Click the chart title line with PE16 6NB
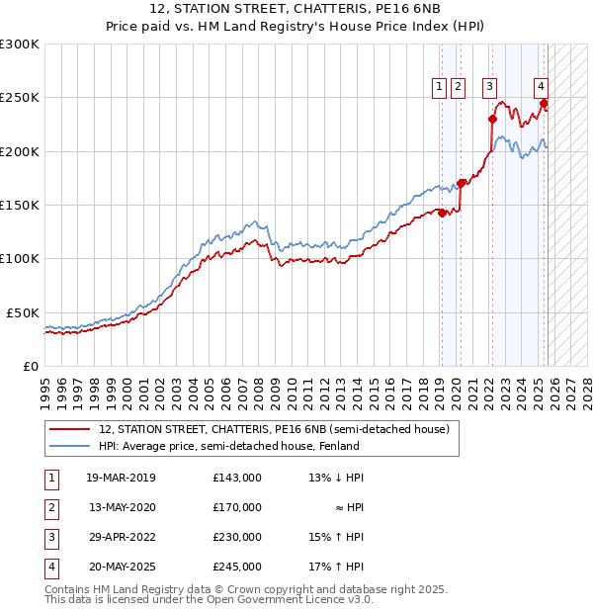point(296,11)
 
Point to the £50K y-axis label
point(23,312)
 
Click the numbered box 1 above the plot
point(440,87)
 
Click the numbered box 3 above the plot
point(490,87)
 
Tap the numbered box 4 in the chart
point(542,87)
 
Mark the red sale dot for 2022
point(492,120)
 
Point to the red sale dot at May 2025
point(544,103)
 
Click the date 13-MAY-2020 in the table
point(121,507)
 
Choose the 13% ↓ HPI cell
point(336,478)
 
